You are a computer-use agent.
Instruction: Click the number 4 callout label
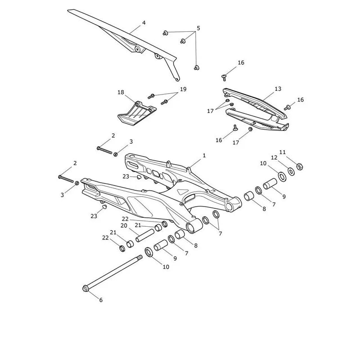click(x=144, y=23)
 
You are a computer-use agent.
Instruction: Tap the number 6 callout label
click(x=101, y=300)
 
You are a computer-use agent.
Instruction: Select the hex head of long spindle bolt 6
click(x=85, y=288)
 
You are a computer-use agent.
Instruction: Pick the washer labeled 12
click(x=291, y=171)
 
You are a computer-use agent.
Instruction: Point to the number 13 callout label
click(x=278, y=89)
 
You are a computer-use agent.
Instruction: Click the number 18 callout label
click(x=121, y=92)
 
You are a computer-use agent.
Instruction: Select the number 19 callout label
click(x=183, y=89)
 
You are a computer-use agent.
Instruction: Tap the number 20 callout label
click(x=124, y=226)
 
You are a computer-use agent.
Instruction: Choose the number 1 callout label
click(x=204, y=156)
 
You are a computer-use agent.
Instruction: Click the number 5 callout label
click(x=198, y=28)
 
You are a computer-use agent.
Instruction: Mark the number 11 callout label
click(x=283, y=152)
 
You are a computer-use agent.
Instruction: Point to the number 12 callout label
click(x=274, y=157)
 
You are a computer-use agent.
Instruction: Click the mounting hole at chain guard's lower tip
click(x=176, y=79)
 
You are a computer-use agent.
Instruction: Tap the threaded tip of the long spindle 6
click(x=140, y=256)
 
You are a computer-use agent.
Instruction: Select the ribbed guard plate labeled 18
click(x=137, y=114)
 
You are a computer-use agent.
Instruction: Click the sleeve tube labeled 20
click(x=144, y=235)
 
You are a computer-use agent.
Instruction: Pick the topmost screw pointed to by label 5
click(x=165, y=33)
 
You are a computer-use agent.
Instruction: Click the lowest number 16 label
click(x=219, y=140)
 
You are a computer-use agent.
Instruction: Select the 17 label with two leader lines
click(x=210, y=111)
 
